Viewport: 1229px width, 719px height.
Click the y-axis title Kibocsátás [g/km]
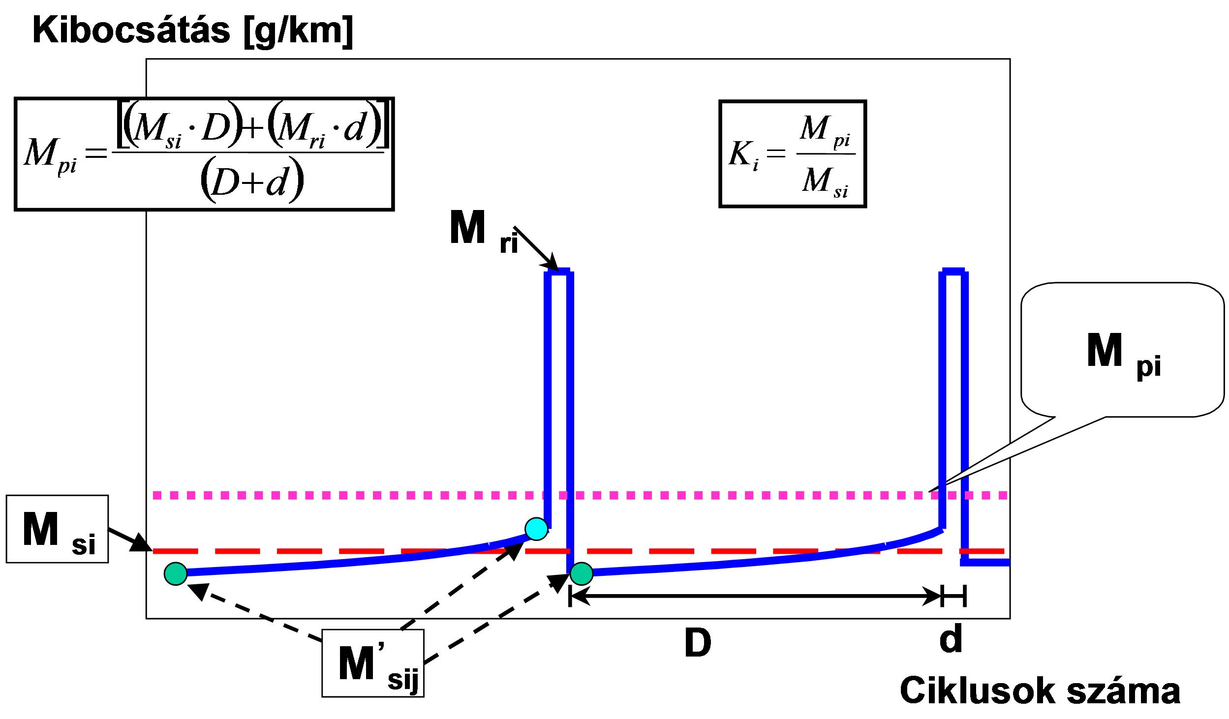(192, 31)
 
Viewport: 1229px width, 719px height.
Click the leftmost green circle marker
(176, 573)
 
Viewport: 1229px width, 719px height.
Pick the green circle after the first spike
(582, 573)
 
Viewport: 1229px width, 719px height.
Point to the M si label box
(57, 529)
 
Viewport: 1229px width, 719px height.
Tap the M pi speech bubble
(1122, 349)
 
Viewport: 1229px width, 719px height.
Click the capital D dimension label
(698, 643)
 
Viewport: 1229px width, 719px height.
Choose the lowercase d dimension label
(951, 639)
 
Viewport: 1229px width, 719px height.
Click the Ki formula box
(792, 154)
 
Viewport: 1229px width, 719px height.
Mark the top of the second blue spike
(953, 271)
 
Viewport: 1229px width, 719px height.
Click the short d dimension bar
(953, 596)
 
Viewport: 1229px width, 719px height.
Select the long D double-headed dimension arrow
(755, 596)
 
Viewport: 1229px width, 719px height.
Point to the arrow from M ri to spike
(536, 249)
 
